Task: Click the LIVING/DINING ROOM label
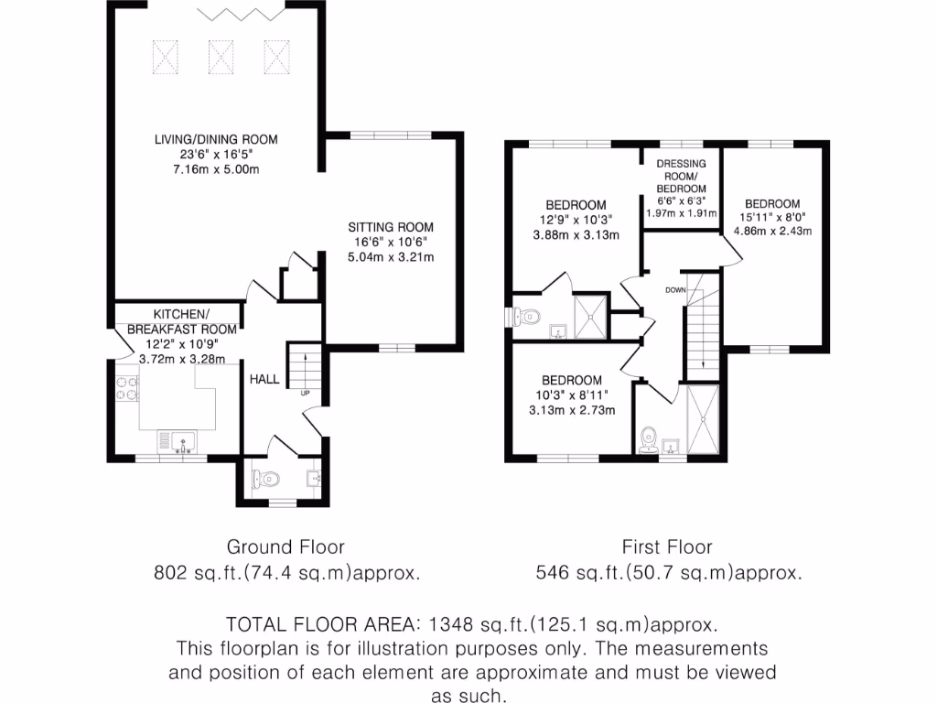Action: pos(215,140)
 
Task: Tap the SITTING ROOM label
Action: pos(390,227)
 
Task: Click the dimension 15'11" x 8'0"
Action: pos(771,218)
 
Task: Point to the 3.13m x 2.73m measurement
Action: pos(572,410)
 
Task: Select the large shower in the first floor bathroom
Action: pos(702,419)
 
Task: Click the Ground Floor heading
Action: pos(285,547)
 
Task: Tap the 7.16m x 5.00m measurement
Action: pos(215,171)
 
